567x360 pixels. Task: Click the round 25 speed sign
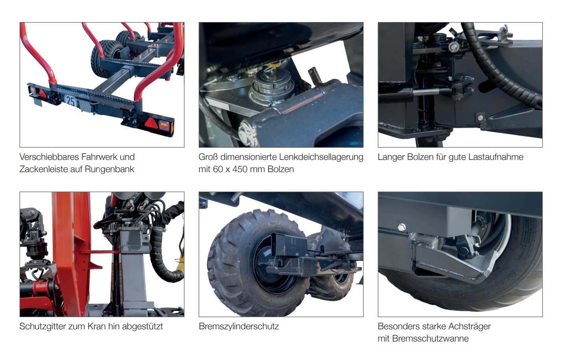(x=71, y=101)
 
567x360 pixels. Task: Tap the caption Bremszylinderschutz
(x=239, y=327)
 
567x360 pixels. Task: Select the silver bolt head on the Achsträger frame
(x=401, y=227)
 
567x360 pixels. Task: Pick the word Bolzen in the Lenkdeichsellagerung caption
(x=280, y=169)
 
